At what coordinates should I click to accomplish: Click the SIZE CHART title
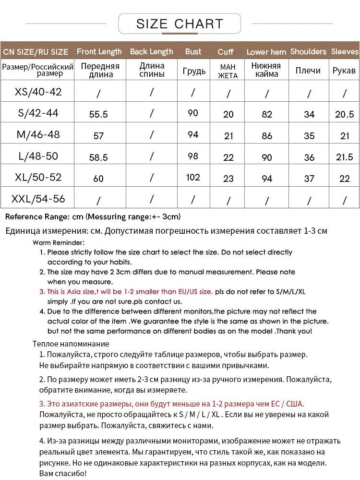coord(180,24)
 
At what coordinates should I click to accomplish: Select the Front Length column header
coord(99,51)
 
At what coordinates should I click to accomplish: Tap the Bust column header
coord(193,51)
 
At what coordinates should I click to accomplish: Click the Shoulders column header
coord(308,51)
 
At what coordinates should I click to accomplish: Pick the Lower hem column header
coord(266,52)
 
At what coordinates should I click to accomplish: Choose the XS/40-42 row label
coord(38,92)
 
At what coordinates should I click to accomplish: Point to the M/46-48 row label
coord(38,134)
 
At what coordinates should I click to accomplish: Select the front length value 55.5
coord(98,114)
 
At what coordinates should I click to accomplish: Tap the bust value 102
coord(193,177)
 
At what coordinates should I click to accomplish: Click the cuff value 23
coord(228,179)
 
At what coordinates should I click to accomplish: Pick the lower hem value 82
coord(267,114)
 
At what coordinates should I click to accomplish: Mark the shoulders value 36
coord(309,157)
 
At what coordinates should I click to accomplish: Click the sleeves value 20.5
coord(345,114)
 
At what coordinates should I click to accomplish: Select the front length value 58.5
coord(98,157)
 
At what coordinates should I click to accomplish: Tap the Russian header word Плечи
coord(308,71)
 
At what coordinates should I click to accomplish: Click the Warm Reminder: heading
coord(59,242)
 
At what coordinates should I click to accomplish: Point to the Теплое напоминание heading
coord(71,344)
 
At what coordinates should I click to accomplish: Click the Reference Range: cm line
coord(93,216)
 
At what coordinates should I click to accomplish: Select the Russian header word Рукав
coord(344,71)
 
